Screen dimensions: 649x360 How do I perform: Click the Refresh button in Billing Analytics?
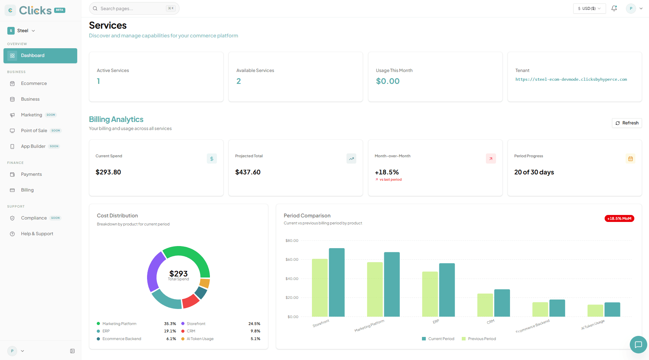point(627,123)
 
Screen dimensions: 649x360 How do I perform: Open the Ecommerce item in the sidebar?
point(34,84)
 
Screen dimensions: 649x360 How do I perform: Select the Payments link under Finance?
point(31,174)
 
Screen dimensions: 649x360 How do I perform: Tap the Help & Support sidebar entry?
point(37,234)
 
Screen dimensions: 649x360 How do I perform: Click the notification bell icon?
point(614,8)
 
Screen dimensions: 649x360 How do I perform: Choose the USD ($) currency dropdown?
point(589,8)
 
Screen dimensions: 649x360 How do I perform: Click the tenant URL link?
point(571,79)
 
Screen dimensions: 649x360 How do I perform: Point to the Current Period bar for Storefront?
point(337,282)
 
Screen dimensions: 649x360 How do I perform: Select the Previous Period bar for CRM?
point(485,305)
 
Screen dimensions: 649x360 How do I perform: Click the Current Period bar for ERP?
point(447,290)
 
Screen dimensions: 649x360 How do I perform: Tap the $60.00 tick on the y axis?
point(292,260)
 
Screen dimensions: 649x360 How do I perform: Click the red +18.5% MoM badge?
point(619,218)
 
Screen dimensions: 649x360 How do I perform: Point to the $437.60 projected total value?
point(248,172)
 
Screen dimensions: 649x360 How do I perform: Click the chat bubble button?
point(638,345)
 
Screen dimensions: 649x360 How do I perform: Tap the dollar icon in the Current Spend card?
point(212,159)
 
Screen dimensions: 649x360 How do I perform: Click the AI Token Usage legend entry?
point(197,339)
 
